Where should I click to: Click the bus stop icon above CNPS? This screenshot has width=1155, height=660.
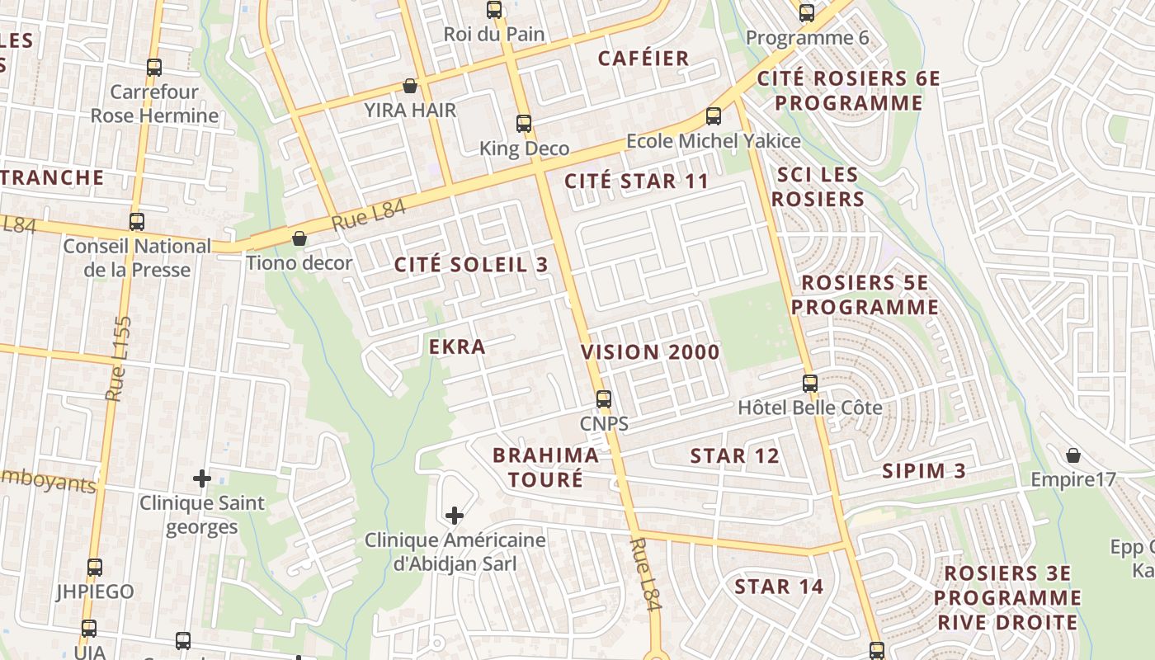pyautogui.click(x=604, y=399)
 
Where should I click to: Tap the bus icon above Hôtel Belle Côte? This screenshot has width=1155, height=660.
pyautogui.click(x=810, y=384)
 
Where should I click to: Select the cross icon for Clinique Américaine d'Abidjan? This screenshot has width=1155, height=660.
pyautogui.click(x=454, y=516)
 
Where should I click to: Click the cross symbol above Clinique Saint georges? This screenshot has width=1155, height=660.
pyautogui.click(x=201, y=478)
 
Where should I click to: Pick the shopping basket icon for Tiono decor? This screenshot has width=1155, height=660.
pyautogui.click(x=299, y=238)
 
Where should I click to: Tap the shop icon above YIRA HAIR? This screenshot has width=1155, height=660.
pyautogui.click(x=410, y=86)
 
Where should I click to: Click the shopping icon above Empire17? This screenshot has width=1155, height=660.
pyautogui.click(x=1073, y=455)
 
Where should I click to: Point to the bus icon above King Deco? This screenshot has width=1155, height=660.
pyautogui.click(x=524, y=124)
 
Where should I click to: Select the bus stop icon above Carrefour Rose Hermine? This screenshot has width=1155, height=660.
pyautogui.click(x=154, y=68)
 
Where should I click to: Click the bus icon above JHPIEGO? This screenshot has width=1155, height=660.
pyautogui.click(x=95, y=568)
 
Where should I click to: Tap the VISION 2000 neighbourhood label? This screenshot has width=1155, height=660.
pyautogui.click(x=650, y=352)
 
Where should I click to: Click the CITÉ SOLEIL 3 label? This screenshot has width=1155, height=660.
pyautogui.click(x=471, y=265)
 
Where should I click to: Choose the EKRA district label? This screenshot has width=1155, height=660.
pyautogui.click(x=457, y=346)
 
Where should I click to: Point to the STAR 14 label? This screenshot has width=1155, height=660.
pyautogui.click(x=779, y=587)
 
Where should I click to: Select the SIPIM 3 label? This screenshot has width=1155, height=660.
pyautogui.click(x=924, y=471)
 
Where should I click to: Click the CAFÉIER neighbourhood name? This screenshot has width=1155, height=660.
pyautogui.click(x=643, y=59)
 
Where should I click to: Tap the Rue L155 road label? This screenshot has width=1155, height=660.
pyautogui.click(x=119, y=359)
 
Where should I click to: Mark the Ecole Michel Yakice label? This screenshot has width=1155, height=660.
pyautogui.click(x=713, y=141)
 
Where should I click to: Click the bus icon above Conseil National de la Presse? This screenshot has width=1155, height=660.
pyautogui.click(x=137, y=222)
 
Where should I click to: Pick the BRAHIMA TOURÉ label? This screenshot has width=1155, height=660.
pyautogui.click(x=545, y=467)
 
